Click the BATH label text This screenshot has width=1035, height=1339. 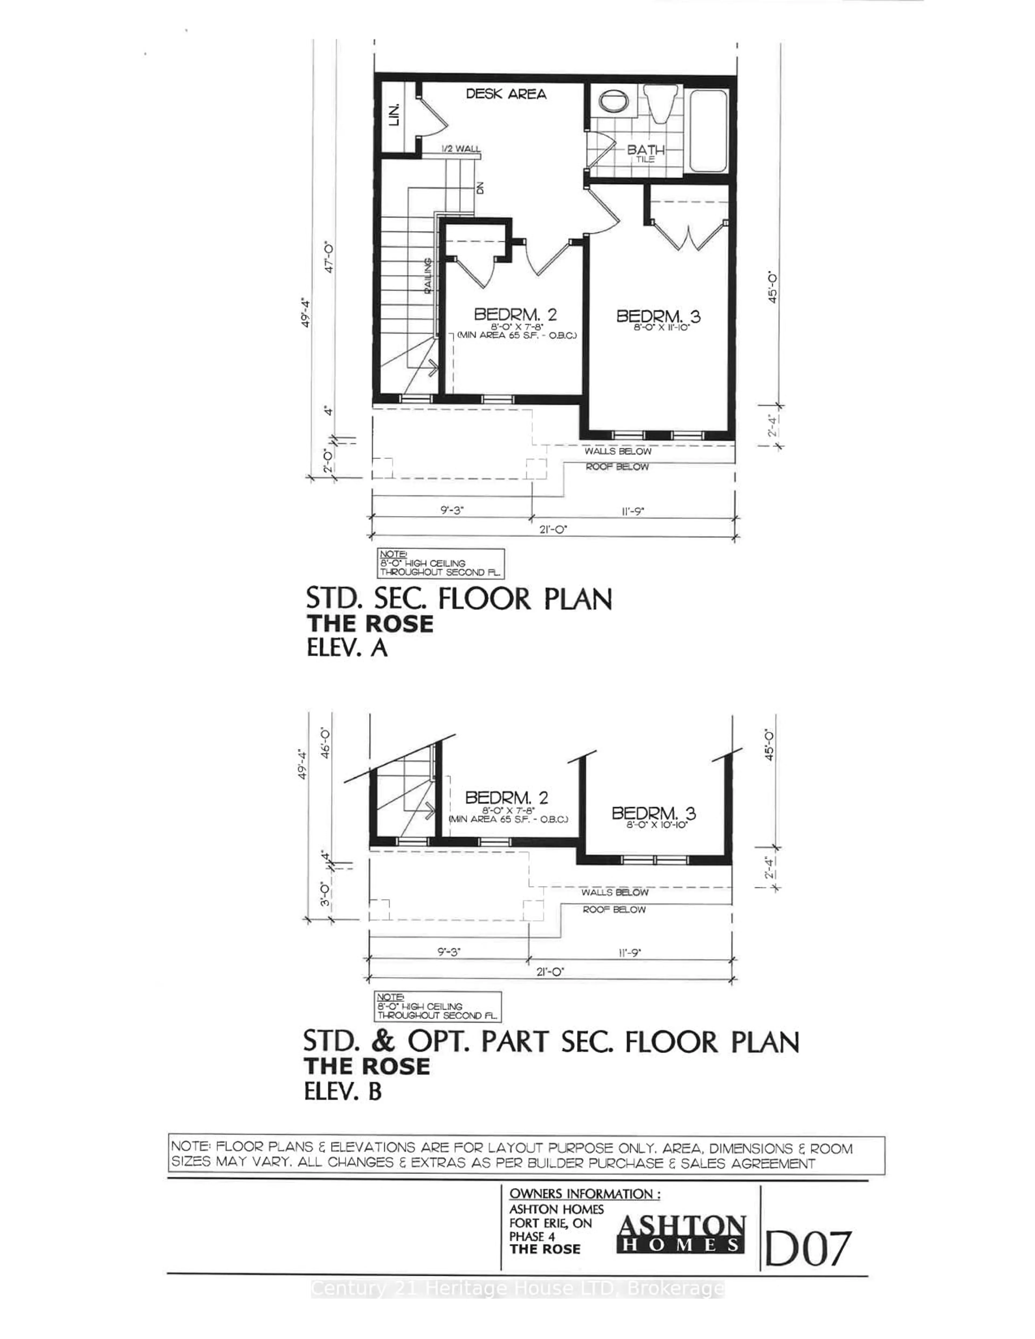645,150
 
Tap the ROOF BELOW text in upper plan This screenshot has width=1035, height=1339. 617,466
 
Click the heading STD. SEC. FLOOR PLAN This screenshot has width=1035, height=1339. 459,599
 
